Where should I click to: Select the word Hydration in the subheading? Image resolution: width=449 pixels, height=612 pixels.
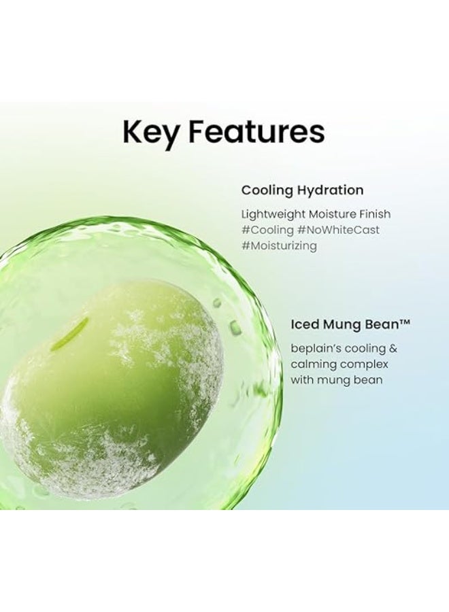[329, 190]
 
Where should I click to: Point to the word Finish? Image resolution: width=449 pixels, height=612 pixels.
[373, 214]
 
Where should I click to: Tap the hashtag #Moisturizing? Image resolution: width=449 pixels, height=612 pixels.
[279, 246]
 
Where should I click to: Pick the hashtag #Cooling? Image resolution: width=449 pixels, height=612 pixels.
[267, 230]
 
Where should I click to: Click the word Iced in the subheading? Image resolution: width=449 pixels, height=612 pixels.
[305, 325]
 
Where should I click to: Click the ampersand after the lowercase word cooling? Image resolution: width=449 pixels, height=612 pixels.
[393, 348]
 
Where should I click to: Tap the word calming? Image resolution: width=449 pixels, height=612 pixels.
[314, 364]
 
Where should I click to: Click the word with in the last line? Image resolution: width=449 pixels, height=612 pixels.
[303, 379]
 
